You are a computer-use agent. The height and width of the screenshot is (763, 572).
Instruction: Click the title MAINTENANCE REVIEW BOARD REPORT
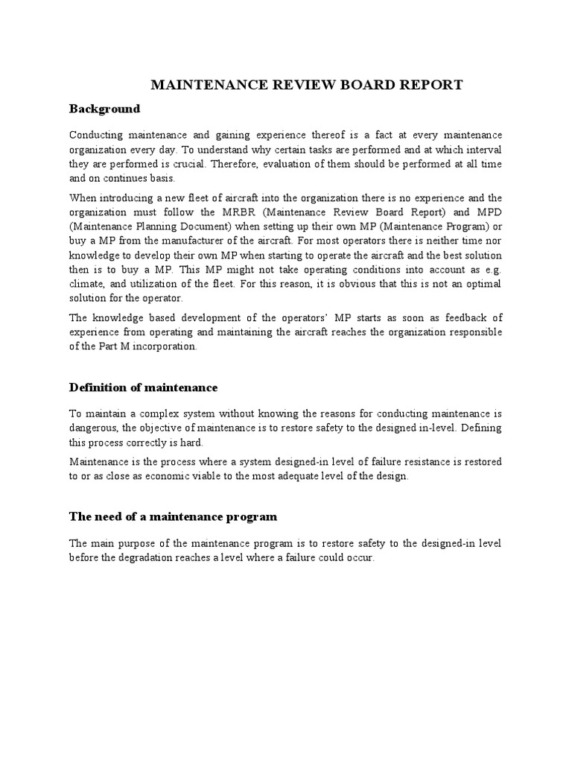(x=307, y=85)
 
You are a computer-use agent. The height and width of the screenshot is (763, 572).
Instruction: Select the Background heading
(x=104, y=109)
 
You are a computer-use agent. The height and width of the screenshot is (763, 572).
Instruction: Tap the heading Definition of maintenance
(x=143, y=387)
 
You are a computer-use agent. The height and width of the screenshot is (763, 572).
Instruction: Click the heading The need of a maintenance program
(x=173, y=516)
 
